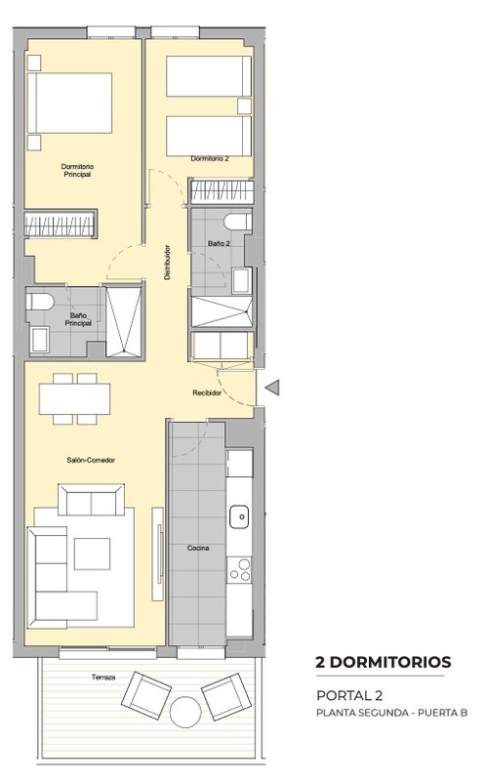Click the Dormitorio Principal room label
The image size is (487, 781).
[77, 170]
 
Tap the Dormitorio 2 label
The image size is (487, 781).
[210, 159]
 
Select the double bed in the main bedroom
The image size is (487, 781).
[69, 103]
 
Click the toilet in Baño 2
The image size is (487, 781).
[237, 222]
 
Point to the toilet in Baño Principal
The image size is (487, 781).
[40, 302]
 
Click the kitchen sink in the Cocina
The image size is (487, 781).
[239, 516]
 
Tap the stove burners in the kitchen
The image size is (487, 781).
[239, 570]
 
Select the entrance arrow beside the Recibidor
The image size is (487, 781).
[272, 388]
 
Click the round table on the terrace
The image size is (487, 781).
[185, 712]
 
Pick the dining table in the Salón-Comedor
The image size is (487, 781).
[75, 398]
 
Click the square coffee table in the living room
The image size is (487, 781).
[92, 554]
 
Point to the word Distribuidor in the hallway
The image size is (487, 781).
[168, 262]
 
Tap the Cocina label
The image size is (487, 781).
[198, 548]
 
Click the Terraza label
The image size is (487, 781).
[103, 678]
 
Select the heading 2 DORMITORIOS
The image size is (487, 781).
[384, 662]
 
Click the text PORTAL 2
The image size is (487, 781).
[349, 695]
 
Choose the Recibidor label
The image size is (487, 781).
[207, 393]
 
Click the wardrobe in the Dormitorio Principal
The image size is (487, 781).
[61, 224]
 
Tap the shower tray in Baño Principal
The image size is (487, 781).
[124, 321]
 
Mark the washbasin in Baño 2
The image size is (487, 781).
[241, 280]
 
